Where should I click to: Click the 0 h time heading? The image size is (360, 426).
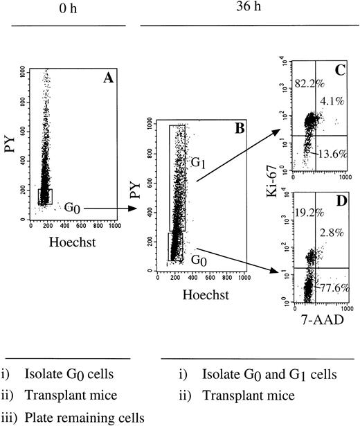coord(68,10)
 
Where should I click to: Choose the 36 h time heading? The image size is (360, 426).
coord(246,10)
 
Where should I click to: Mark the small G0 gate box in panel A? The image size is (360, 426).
coord(45,196)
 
